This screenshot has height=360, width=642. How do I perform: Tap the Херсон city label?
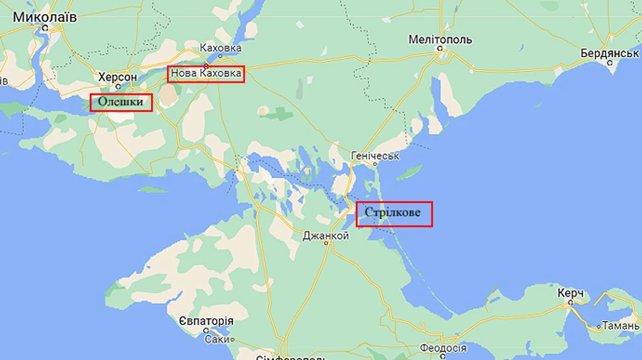pos(117,76)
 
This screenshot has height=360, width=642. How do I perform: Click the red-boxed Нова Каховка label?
pos(206,73)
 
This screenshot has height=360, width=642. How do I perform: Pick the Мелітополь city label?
pos(440,39)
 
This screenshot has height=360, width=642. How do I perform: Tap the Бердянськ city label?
pos(608,53)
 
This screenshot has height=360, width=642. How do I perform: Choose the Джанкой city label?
pos(325,235)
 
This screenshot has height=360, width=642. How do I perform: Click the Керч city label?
pos(571,293)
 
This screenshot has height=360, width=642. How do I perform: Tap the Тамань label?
pos(620,326)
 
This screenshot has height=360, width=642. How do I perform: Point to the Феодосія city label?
pos(443,349)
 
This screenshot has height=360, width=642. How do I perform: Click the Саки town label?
pos(217,340)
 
